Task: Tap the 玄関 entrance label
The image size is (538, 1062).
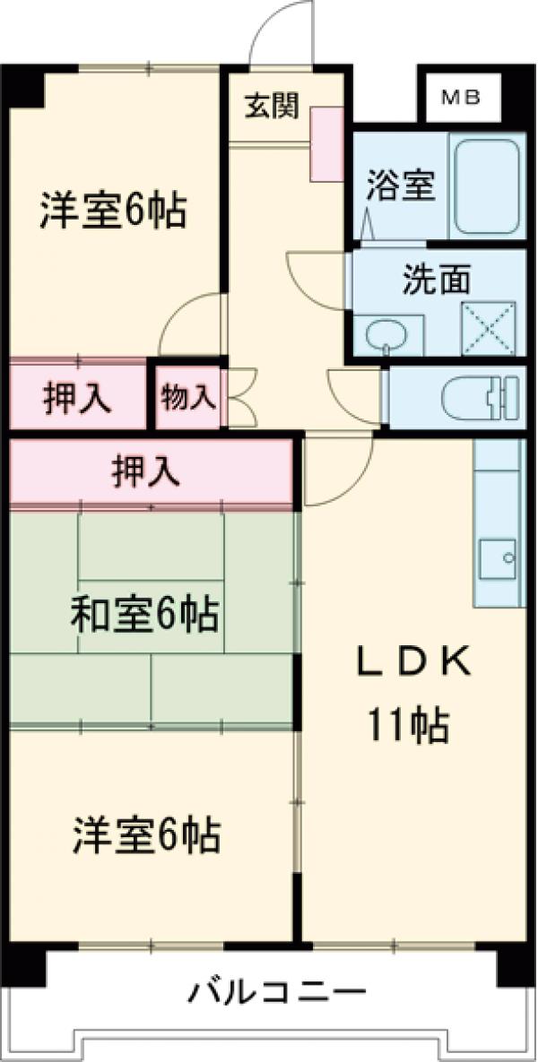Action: (272, 106)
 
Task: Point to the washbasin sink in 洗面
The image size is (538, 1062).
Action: (385, 334)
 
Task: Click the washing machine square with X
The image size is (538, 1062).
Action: (488, 329)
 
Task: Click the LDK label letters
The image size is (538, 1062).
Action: (414, 664)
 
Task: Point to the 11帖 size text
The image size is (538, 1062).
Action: (407, 725)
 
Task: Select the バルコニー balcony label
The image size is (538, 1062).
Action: (277, 994)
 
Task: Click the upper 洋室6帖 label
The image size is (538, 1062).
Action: (112, 210)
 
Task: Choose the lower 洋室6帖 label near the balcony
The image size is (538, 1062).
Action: (147, 836)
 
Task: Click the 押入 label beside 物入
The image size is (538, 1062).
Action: (77, 398)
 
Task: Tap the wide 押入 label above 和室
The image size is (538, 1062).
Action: (145, 471)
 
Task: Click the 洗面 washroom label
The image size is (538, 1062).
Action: (437, 279)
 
